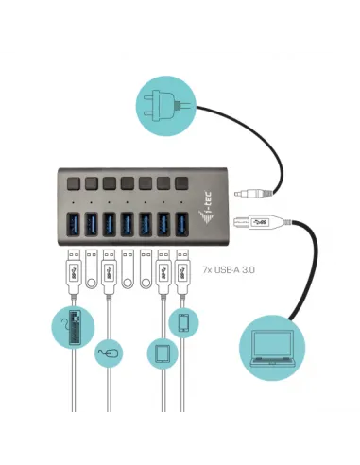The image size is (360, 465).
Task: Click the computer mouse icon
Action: tap(109, 354)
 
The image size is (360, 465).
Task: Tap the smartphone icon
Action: tap(183, 322)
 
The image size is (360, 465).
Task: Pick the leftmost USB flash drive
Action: tap(93, 269)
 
